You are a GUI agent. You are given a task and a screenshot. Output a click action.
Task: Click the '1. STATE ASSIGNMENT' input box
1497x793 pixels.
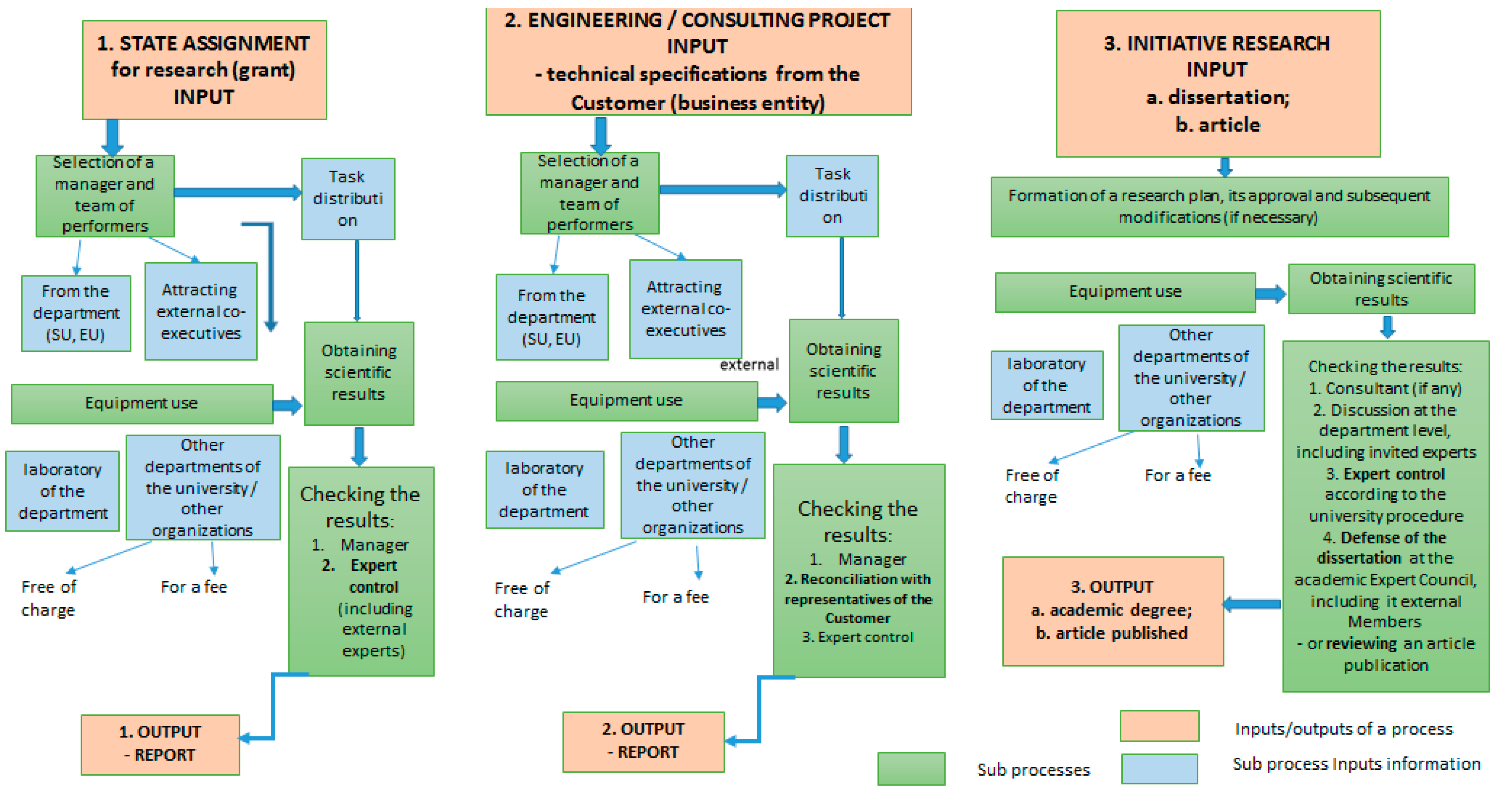click(204, 70)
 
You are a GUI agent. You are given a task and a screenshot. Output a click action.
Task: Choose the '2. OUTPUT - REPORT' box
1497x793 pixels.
click(643, 741)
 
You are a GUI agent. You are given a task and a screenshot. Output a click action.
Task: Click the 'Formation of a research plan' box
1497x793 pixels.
click(1219, 206)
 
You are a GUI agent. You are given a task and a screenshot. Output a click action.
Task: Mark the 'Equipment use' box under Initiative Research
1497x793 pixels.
click(1125, 292)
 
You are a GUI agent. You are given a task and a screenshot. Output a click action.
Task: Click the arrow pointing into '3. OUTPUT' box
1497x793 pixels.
click(1252, 604)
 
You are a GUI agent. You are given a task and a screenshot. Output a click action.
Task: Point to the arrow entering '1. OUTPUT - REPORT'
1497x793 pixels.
click(256, 738)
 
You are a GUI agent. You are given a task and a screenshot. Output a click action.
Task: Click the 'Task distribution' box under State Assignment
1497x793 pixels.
click(348, 199)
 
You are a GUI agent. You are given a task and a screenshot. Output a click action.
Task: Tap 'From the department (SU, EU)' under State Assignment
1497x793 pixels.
click(76, 313)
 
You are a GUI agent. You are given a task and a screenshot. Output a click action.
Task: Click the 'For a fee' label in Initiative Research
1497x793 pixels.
click(1177, 475)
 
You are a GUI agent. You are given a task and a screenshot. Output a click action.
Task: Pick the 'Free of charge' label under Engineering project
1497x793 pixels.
click(521, 600)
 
